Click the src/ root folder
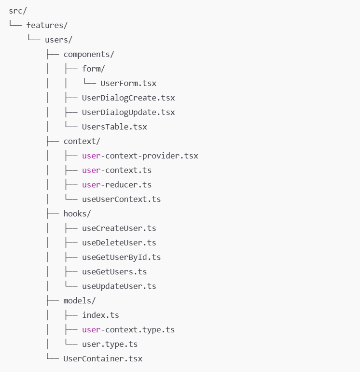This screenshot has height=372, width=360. point(17,11)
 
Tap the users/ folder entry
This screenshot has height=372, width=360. point(58,40)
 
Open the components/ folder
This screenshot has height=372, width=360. point(89,54)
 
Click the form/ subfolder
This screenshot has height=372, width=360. point(93,69)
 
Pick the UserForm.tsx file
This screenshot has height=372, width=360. point(128,83)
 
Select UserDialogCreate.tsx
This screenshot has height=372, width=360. point(128,98)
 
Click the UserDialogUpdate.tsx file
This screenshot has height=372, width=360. point(128,112)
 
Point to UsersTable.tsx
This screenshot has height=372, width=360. point(114,127)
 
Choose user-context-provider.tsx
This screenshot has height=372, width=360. point(140,156)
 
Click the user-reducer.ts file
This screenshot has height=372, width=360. point(117,185)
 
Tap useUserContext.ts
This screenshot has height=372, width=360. point(121,199)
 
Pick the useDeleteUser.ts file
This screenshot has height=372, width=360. point(119,243)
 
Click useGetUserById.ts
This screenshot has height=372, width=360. point(121,257)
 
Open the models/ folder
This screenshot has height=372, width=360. point(80,300)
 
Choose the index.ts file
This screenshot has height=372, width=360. point(100,315)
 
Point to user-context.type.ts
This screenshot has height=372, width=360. point(128,329)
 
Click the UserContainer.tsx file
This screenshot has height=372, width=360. point(103,358)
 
